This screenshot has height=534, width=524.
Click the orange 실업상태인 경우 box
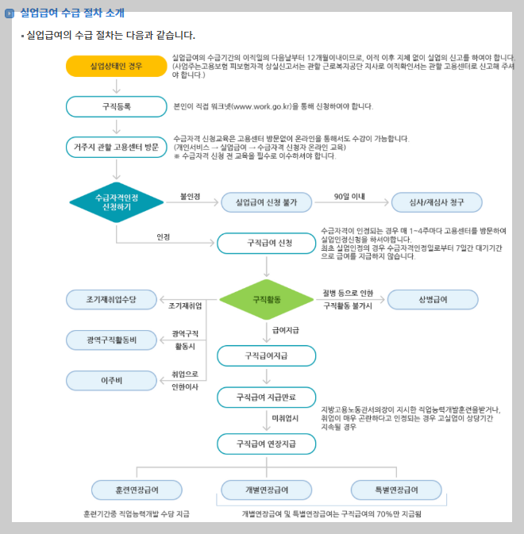tap(116, 66)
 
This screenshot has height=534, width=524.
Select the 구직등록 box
tap(116, 106)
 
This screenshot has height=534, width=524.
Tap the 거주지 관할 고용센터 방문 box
tap(116, 147)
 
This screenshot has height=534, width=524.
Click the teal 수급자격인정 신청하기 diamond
tap(116, 202)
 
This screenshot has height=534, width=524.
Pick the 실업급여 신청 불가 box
tap(266, 202)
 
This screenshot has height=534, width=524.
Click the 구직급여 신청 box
tap(266, 242)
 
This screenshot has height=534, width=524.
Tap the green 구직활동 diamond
tap(266, 299)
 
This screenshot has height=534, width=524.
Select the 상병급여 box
tap(433, 299)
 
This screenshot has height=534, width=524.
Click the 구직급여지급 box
tap(266, 356)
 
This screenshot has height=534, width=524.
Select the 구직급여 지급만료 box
tap(266, 397)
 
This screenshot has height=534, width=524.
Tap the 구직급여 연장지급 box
tap(266, 443)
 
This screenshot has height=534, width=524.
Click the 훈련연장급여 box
tap(137, 489)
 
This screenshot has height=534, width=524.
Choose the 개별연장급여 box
tap(266, 489)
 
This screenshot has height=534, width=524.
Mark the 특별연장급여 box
tap(395, 489)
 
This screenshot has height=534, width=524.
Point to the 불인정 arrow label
tap(190, 195)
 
